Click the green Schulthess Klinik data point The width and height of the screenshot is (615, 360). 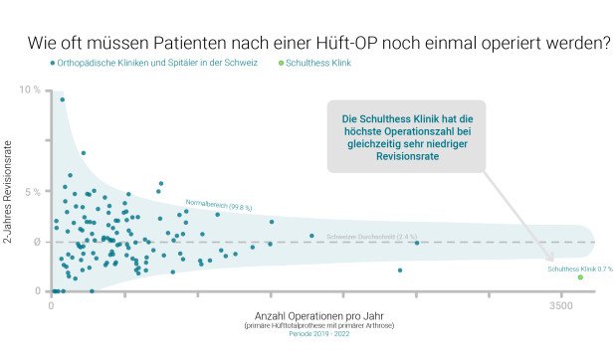(580, 277)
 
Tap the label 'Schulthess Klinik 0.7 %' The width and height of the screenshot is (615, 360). (580, 269)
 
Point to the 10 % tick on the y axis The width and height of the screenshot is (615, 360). (29, 90)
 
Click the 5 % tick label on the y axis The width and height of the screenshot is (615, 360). (31, 191)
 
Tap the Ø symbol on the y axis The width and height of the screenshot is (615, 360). (36, 242)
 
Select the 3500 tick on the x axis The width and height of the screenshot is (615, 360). (561, 308)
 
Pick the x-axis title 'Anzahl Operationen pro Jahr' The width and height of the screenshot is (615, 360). (307, 316)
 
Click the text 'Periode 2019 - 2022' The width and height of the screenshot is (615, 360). (307, 335)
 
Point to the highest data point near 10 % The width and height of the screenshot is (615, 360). (62, 99)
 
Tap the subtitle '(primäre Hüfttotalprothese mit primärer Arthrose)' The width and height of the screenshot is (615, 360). (307, 326)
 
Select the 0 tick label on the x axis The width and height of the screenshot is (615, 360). (51, 308)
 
